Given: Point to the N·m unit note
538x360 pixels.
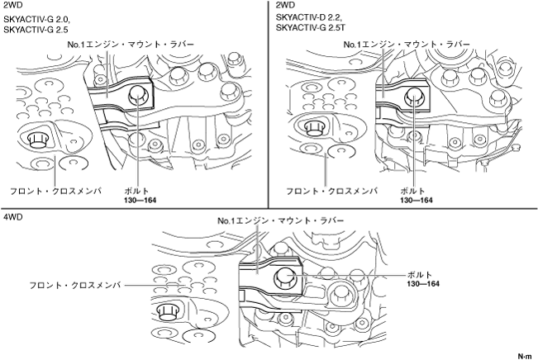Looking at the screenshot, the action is pyautogui.click(x=524, y=354).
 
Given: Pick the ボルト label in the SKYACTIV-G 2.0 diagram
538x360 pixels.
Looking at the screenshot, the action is pyautogui.click(x=135, y=190).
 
